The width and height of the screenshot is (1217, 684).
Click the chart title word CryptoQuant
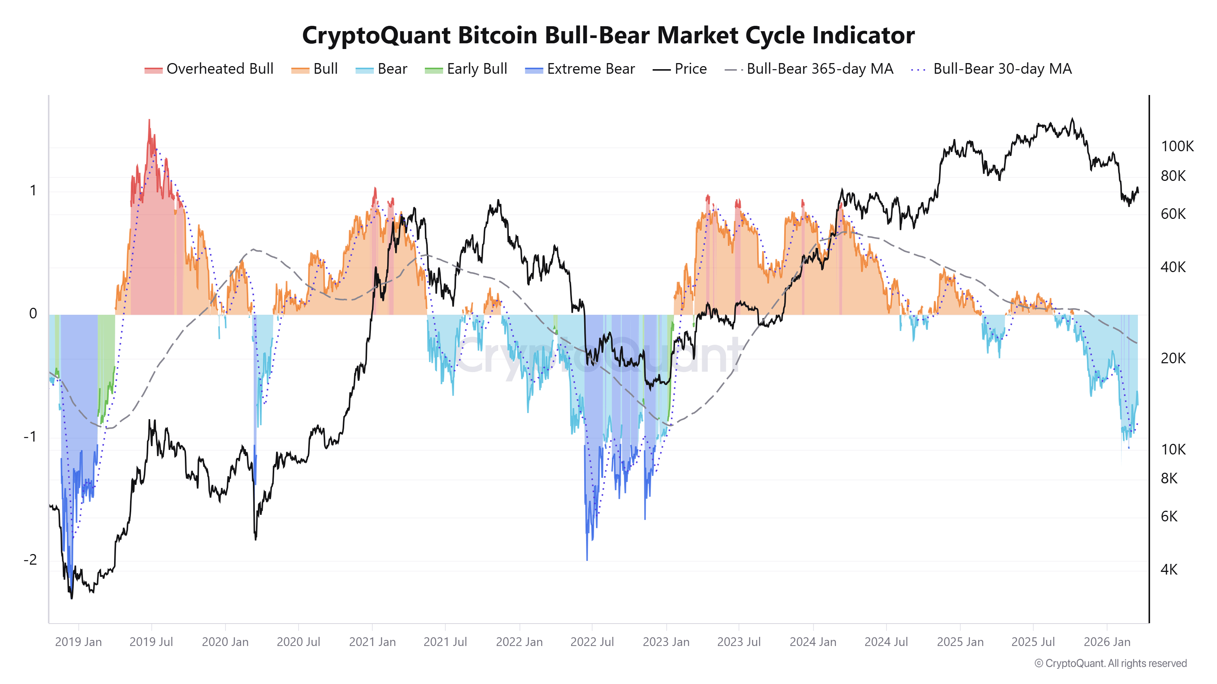(x=376, y=35)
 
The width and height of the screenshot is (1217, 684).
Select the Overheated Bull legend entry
(x=209, y=69)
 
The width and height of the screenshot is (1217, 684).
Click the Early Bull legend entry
(x=466, y=69)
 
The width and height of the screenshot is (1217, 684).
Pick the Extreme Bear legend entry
(x=580, y=69)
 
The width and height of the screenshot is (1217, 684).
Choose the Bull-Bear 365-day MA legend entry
(x=809, y=69)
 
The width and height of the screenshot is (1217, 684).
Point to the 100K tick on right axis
(x=1177, y=146)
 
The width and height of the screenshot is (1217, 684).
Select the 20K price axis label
(x=1173, y=358)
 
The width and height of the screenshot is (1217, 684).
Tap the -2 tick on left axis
(x=30, y=560)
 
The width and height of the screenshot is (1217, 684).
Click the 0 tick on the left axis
(x=33, y=313)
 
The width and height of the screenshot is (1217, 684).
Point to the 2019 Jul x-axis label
(x=151, y=642)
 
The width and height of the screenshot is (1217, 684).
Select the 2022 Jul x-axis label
(x=592, y=642)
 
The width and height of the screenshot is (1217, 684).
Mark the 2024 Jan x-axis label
(x=813, y=642)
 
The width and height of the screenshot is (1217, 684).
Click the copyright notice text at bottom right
(x=1110, y=663)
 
